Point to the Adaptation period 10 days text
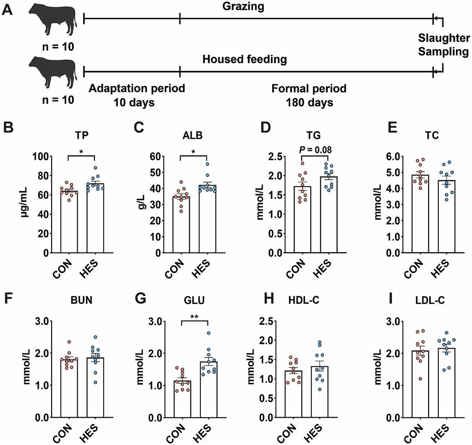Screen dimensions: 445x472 click(x=136, y=95)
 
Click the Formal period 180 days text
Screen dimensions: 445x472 click(x=309, y=95)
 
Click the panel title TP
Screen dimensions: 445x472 click(x=82, y=135)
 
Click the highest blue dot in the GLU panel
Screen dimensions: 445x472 click(x=208, y=333)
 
